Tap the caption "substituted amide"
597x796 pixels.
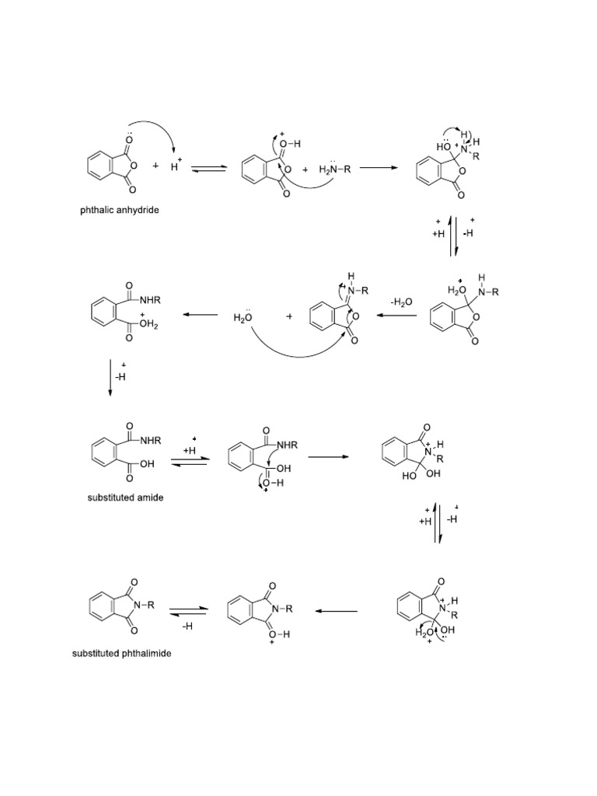124,497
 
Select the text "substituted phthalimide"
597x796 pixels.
122,654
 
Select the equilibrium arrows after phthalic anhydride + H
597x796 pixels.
209,168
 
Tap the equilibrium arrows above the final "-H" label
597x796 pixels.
187,609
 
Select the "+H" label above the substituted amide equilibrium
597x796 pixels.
189,450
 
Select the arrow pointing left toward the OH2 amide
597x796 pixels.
201,316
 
